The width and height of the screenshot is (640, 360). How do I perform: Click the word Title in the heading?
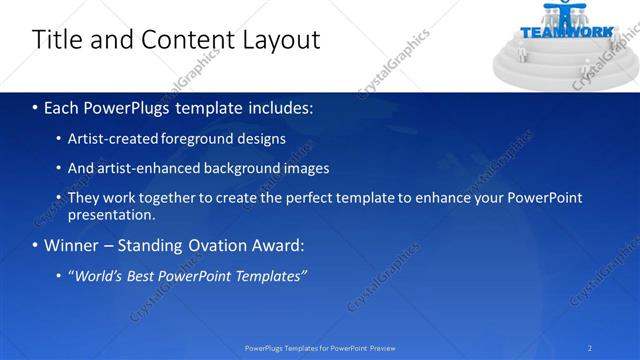point(56,40)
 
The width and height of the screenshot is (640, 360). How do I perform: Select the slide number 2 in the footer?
point(590,348)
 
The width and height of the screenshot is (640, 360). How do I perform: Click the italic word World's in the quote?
point(100,276)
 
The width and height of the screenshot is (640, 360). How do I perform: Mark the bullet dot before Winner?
point(35,245)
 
